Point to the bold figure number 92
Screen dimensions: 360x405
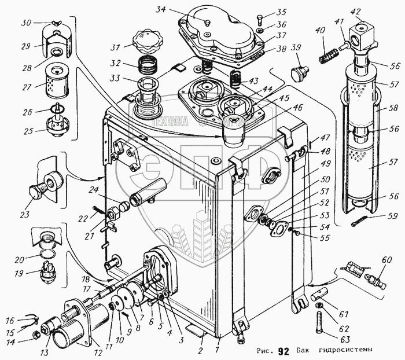(283, 351)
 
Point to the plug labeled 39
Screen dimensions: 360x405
(299, 74)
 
